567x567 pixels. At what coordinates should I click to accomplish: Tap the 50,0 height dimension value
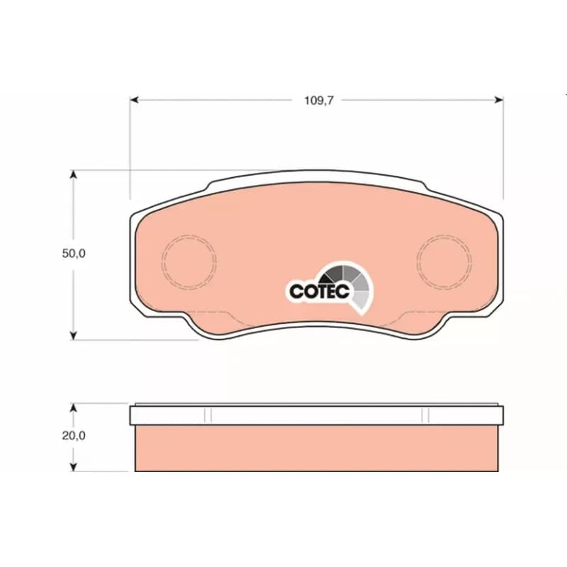[x=74, y=254]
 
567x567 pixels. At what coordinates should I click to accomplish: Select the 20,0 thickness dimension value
[x=74, y=436]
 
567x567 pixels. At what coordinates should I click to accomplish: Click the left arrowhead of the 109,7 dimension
[x=134, y=100]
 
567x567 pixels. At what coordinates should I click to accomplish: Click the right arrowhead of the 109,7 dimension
[x=499, y=100]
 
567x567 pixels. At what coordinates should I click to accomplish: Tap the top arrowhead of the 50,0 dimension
[x=74, y=174]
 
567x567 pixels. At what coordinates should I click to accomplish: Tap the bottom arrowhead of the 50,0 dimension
[x=74, y=335]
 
